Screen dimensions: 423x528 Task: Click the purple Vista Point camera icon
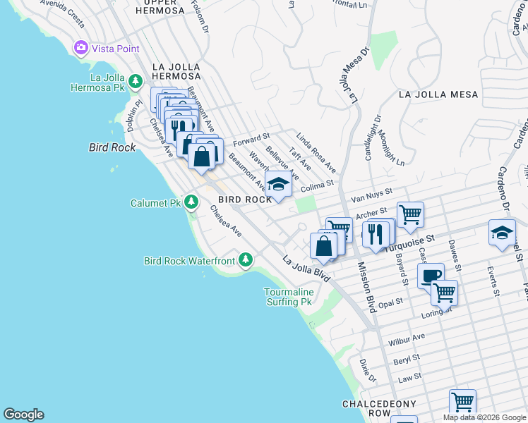[80, 48]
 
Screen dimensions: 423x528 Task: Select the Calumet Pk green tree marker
[191, 203]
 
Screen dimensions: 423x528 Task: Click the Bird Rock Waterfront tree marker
[245, 261]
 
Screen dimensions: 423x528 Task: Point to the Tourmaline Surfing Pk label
[288, 297]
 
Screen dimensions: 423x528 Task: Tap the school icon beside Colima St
[278, 185]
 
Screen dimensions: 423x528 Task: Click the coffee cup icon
[430, 276]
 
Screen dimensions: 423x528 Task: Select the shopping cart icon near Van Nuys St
[410, 214]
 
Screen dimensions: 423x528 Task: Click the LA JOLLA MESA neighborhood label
[438, 94]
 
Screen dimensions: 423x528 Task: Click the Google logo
[23, 415]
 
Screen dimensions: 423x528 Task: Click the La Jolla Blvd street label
[306, 269]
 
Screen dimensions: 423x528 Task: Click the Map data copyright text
[484, 417]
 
